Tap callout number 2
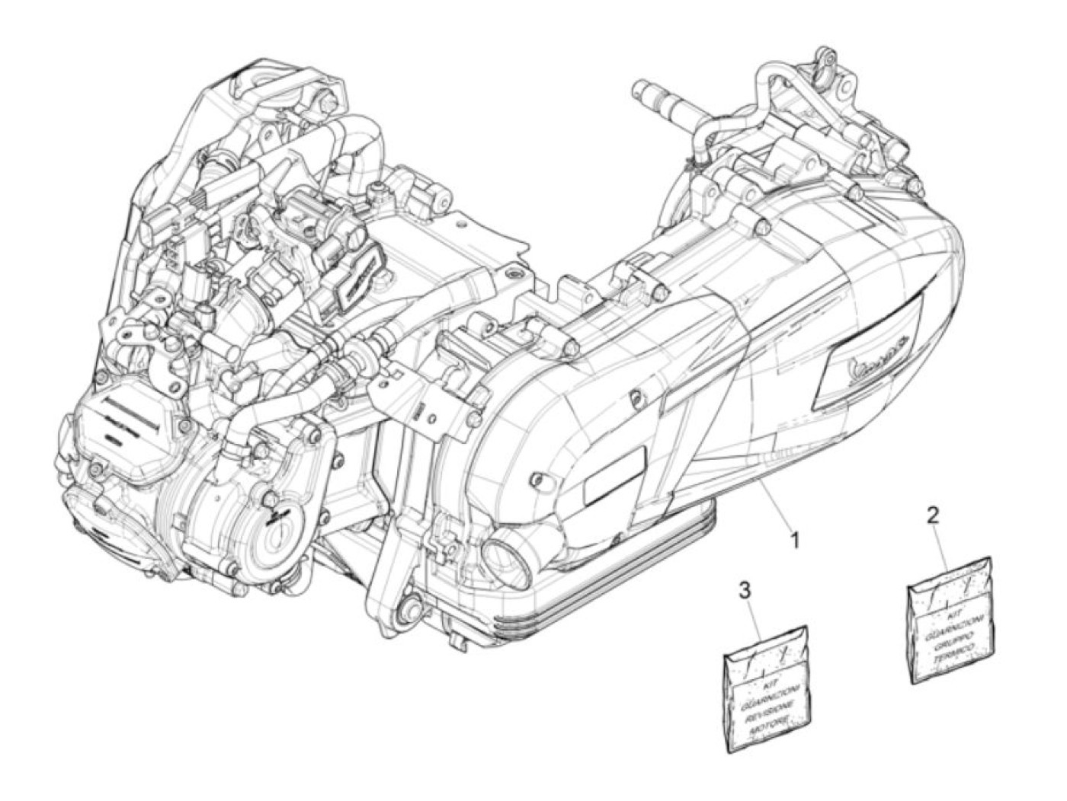click(x=933, y=516)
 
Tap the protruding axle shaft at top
click(x=668, y=96)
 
